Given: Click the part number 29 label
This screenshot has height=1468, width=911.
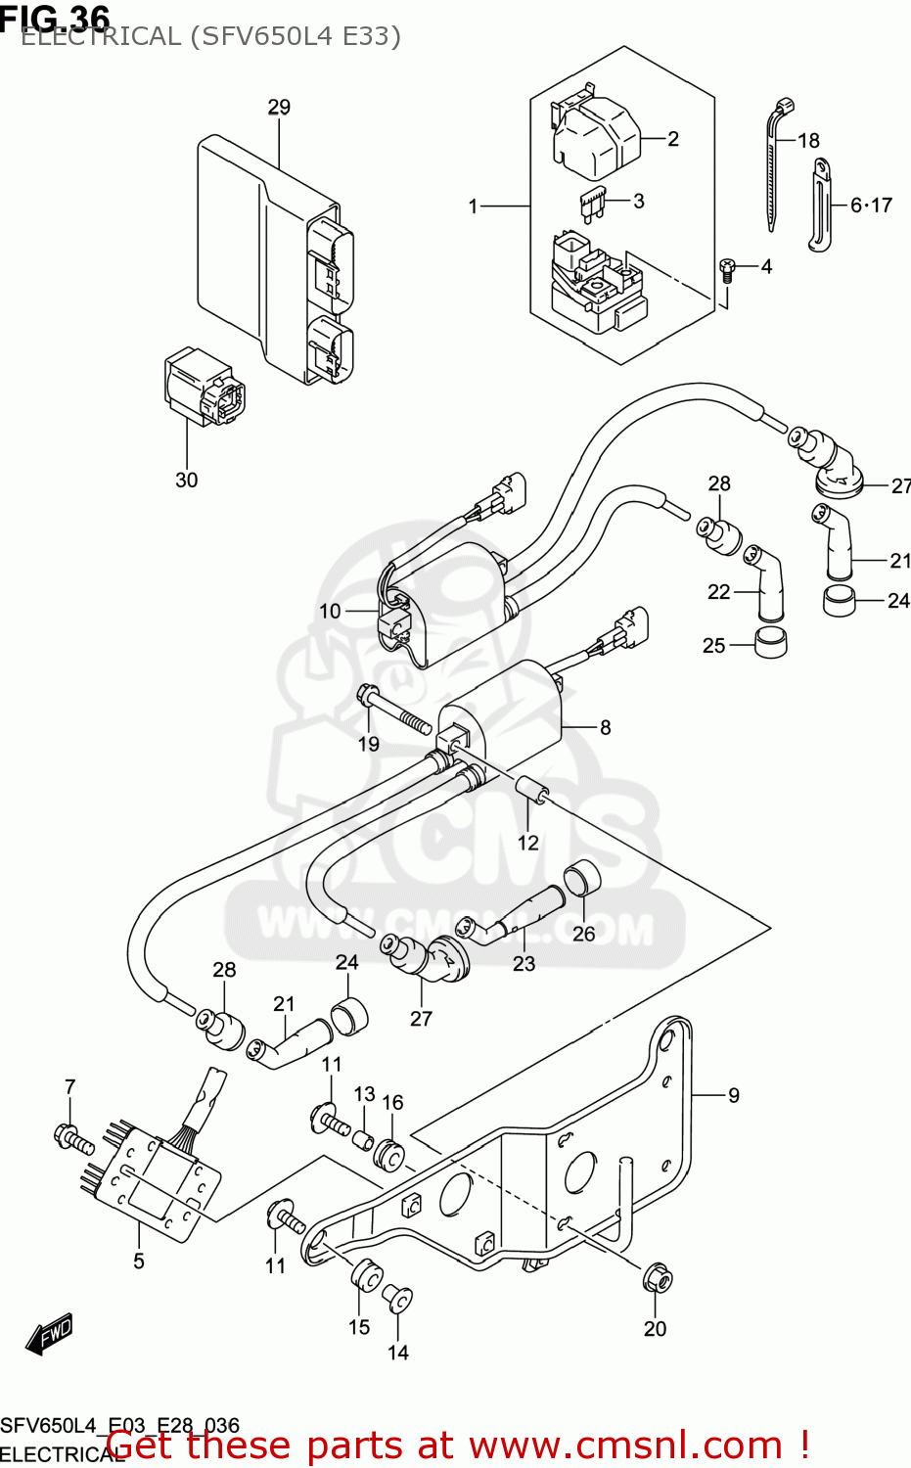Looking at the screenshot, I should pos(279,107).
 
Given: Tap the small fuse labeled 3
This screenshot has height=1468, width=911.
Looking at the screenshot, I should pos(592,203).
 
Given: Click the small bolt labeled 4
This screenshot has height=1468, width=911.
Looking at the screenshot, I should pos(727,268).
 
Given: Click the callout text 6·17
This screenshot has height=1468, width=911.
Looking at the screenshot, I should pos(871,205).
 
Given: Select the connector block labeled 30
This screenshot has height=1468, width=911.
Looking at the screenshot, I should pos(204,388).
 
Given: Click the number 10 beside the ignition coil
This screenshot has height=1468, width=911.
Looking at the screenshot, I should pos(330,611).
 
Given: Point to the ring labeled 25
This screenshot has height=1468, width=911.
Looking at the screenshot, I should pos(771,643).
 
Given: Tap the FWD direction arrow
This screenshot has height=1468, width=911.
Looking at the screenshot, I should pos(49,1333).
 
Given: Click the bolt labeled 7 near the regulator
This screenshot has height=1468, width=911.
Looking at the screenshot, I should pos(72,1138).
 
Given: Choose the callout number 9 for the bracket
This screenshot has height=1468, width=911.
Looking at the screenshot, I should pos(734,1095).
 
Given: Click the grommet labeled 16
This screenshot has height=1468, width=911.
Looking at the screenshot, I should pos(389,1154).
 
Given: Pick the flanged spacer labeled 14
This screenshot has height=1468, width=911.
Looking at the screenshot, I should pos(397,1298).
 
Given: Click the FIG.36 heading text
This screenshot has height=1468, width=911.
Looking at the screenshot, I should pos(56,17).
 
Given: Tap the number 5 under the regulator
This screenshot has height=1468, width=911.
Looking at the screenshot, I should pos(139,1262).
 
